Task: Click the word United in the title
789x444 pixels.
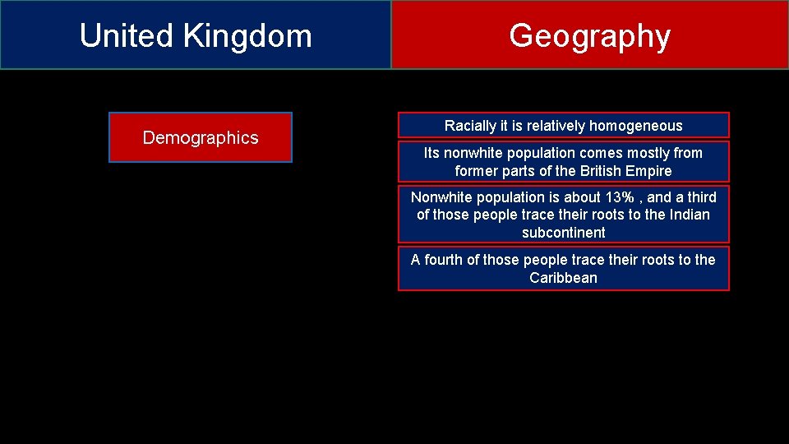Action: click(x=127, y=36)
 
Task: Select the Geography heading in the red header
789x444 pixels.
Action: click(x=589, y=36)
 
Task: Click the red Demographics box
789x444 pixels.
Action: click(x=201, y=137)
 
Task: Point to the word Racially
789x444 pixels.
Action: click(x=470, y=126)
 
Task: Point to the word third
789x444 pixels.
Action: click(x=698, y=197)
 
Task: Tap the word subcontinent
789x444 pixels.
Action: click(x=563, y=233)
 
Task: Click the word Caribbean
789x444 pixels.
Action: click(x=563, y=278)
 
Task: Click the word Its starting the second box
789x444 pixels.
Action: click(x=431, y=153)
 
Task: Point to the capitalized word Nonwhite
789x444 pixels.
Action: click(x=442, y=197)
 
